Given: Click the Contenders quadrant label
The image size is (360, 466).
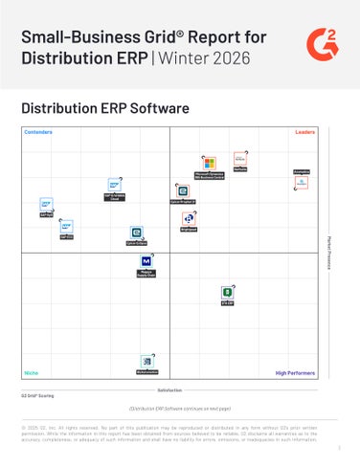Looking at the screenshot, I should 38,132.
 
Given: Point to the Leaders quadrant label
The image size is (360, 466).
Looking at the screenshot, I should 304,132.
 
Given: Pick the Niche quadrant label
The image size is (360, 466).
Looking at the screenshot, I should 31,372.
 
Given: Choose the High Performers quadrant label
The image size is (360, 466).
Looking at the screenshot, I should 294,372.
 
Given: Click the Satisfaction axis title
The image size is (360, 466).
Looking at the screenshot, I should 169,390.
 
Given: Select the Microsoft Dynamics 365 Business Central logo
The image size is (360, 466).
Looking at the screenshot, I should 209,163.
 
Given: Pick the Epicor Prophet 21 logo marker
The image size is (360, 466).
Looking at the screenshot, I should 183,190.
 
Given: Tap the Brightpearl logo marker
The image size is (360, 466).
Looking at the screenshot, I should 189,218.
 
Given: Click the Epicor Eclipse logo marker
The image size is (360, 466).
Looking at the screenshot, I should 136,233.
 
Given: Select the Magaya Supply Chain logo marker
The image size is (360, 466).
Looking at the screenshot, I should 146,261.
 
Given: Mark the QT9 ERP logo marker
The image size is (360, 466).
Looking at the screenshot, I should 228,292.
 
